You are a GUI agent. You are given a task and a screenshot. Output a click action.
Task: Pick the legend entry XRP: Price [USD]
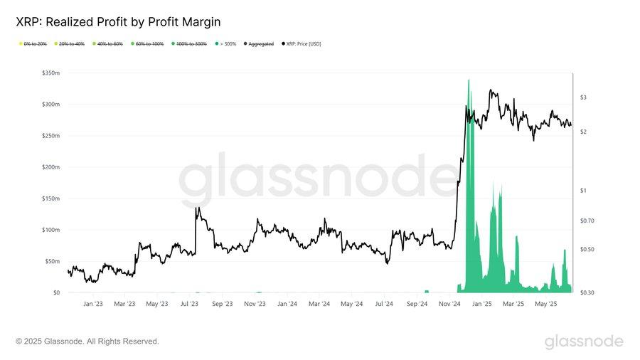(303, 44)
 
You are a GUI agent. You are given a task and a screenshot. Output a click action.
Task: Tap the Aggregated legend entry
(260, 44)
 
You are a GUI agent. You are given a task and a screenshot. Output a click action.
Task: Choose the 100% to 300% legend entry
(190, 44)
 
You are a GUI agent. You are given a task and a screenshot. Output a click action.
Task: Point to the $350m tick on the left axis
(50, 73)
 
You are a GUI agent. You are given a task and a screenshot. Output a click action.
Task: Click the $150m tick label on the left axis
(50, 198)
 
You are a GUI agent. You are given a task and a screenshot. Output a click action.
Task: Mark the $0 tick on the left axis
(56, 292)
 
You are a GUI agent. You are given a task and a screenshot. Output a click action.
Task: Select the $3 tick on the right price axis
(583, 97)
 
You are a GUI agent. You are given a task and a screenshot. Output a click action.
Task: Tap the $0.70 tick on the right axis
(587, 221)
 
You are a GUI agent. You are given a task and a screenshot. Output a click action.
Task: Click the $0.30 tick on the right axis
(587, 292)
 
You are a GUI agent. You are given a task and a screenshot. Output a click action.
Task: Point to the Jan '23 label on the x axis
(93, 304)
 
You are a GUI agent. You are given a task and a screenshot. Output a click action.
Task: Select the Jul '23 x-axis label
(190, 304)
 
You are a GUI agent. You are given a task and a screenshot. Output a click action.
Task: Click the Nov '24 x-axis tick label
(449, 304)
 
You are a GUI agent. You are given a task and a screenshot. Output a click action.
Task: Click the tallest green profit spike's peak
(469, 80)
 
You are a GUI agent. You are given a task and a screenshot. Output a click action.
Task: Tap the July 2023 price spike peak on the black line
(197, 208)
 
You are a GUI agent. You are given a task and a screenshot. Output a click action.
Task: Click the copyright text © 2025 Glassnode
(87, 342)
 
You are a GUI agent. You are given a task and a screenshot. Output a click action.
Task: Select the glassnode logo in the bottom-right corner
(584, 342)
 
